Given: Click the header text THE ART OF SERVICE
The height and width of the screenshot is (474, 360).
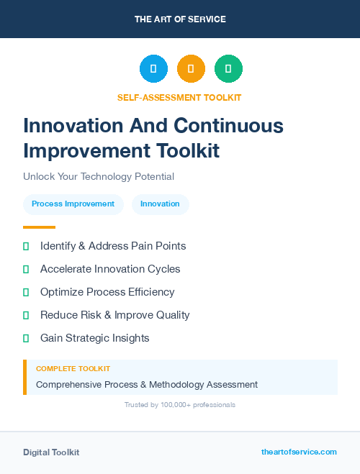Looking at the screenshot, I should (x=180, y=19).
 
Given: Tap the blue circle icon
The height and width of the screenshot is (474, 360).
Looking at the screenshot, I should (x=153, y=69).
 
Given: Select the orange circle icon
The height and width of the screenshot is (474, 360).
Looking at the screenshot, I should (x=191, y=69).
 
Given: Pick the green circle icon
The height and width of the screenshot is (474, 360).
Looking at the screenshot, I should (x=228, y=69).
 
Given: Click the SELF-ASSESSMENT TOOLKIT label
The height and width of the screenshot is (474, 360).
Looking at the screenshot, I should (x=180, y=97).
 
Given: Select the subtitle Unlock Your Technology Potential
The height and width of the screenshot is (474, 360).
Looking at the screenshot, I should (x=99, y=176).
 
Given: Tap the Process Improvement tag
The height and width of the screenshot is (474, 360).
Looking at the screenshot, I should (x=73, y=204).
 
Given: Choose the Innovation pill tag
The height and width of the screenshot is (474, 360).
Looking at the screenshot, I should (x=160, y=204).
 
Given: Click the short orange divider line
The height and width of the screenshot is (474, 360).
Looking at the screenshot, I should (x=39, y=227).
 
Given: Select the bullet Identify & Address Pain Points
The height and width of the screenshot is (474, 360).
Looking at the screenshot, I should (x=113, y=246).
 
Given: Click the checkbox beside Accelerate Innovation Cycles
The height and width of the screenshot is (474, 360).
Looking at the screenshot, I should (x=26, y=269).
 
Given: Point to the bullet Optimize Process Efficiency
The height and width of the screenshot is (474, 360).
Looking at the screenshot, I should (x=107, y=292).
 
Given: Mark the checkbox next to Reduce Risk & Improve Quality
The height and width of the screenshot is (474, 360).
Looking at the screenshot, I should (x=26, y=315).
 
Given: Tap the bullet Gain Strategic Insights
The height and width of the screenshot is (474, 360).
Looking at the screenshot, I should (x=94, y=338).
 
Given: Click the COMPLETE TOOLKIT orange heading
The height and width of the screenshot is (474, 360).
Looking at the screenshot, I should (x=68, y=368).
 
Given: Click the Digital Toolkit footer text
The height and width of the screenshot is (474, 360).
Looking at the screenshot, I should (x=51, y=452).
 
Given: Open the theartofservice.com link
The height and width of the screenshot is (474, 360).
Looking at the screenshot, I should (x=299, y=452).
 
